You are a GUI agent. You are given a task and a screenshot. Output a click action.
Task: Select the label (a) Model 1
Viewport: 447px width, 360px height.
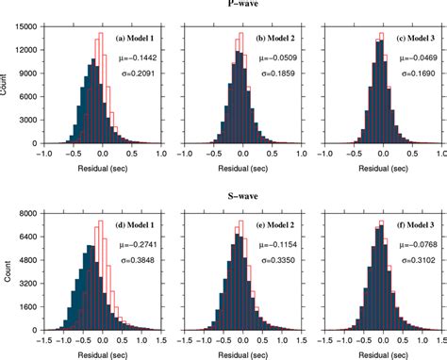[137, 38]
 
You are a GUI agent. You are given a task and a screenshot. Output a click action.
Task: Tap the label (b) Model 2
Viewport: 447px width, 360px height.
[274, 38]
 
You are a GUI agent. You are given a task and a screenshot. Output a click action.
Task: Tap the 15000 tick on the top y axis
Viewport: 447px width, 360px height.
[24, 27]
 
